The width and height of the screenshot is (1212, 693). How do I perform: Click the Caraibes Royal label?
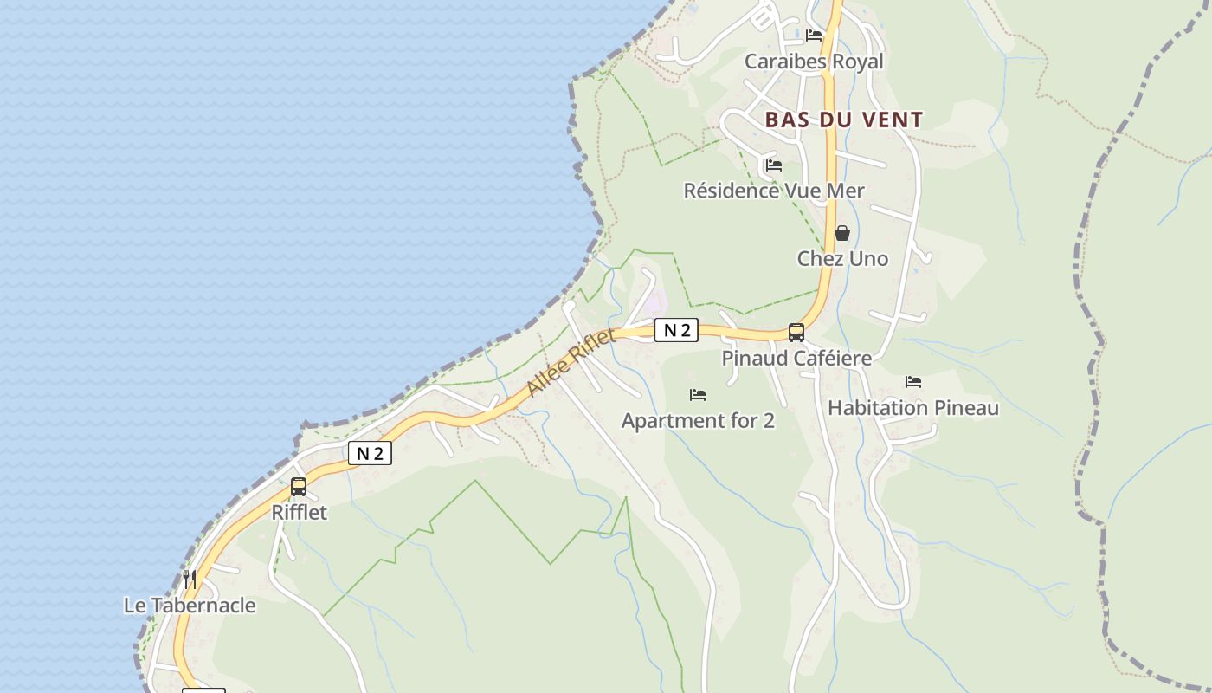(814, 62)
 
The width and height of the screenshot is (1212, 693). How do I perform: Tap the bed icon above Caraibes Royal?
(814, 36)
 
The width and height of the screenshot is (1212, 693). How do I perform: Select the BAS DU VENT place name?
(844, 120)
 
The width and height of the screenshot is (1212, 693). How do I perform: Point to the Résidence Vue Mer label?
(774, 191)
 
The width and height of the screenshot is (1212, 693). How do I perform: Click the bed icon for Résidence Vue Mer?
(774, 165)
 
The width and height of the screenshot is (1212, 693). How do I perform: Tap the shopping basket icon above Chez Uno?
(842, 233)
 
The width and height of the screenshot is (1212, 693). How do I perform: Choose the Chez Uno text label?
(842, 258)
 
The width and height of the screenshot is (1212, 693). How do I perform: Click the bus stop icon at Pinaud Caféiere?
(796, 332)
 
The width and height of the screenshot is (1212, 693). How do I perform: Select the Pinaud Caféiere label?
(796, 358)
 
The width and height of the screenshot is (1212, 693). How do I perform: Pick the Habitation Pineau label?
(913, 407)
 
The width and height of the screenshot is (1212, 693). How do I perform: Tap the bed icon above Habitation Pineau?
(913, 381)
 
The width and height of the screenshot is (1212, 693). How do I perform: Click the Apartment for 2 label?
(698, 421)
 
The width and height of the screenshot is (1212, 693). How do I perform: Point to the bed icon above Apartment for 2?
(698, 395)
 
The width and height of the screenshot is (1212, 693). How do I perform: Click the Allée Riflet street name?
(571, 364)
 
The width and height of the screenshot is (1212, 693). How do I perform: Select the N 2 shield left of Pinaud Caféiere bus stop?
(676, 330)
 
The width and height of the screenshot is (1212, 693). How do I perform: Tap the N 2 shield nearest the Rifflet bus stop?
(370, 453)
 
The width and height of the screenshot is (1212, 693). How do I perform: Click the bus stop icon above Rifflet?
(299, 486)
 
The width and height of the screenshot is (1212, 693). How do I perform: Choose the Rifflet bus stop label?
(300, 512)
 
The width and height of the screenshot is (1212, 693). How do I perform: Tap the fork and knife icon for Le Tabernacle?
(189, 579)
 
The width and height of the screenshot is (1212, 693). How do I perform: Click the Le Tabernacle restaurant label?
(190, 605)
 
